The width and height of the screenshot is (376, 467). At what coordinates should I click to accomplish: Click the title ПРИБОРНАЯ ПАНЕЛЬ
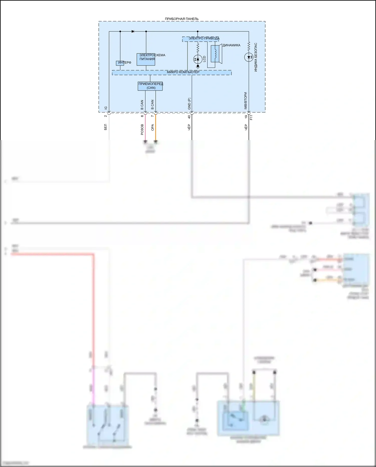point(181,19)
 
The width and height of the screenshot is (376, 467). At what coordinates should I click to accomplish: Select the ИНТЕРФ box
point(120,63)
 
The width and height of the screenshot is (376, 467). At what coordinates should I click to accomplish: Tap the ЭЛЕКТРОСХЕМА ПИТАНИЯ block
point(146,59)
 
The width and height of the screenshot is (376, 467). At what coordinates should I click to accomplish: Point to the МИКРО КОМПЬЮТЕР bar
point(171,73)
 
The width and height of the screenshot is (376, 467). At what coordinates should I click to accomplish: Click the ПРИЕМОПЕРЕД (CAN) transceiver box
point(150,86)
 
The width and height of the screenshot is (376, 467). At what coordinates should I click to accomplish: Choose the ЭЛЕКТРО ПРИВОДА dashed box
point(200,39)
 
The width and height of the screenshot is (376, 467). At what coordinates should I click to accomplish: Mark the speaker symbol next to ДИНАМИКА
point(215,54)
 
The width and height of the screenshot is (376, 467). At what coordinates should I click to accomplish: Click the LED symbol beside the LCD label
point(198,59)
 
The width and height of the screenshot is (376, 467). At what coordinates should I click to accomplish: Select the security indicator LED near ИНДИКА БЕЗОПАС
point(249,57)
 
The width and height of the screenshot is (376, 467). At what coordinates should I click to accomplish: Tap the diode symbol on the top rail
point(133,31)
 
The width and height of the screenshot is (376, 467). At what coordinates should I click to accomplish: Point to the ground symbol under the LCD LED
point(198,67)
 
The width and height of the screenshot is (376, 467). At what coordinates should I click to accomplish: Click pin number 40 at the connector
point(189,116)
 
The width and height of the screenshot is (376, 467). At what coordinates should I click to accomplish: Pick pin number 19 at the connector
point(246,116)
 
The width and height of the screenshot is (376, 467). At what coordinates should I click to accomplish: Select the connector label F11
point(251,117)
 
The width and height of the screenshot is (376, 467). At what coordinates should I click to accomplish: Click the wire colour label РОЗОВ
point(142,129)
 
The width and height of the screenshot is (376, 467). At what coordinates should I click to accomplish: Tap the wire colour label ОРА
point(152,127)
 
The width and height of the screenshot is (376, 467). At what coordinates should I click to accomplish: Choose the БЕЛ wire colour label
point(106,127)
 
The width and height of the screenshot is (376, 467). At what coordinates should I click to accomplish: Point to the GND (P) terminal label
point(189,103)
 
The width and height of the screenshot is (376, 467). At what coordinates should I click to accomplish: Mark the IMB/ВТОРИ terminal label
point(246,100)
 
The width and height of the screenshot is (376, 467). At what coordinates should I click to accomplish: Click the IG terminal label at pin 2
point(106,108)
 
